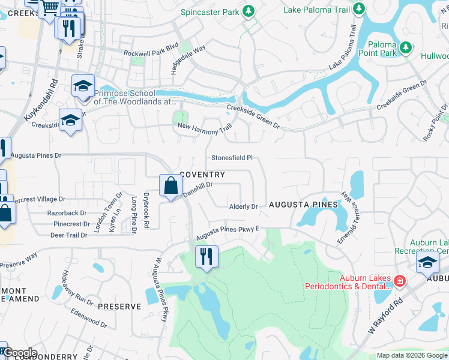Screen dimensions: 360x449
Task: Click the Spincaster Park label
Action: (x=211, y=12)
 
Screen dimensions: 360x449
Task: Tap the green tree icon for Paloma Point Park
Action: (x=405, y=47)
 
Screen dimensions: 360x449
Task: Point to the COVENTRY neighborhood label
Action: (x=202, y=175)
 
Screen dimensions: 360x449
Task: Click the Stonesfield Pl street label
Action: (x=231, y=158)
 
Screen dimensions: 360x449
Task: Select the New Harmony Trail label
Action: (x=205, y=128)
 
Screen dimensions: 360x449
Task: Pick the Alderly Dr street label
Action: (x=243, y=206)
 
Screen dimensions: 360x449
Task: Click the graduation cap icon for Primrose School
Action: (x=83, y=85)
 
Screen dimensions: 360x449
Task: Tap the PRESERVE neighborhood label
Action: (x=119, y=306)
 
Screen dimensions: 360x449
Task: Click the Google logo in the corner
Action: (x=19, y=353)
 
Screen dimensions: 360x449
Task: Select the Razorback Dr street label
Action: (x=58, y=213)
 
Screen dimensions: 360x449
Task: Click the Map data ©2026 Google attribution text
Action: (x=412, y=355)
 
